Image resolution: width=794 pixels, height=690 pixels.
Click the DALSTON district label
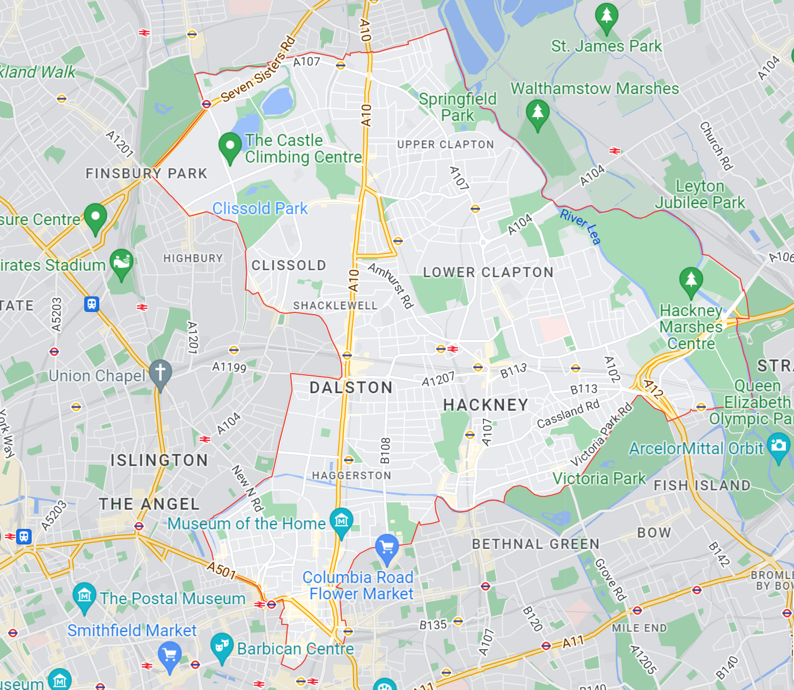click(351, 388)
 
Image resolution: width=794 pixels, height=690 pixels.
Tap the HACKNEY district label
click(486, 405)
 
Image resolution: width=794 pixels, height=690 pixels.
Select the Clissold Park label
click(260, 208)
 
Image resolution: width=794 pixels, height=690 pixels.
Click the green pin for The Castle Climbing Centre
click(230, 147)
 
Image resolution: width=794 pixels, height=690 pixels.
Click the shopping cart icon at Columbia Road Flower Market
click(387, 548)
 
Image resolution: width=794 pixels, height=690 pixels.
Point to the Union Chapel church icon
click(160, 372)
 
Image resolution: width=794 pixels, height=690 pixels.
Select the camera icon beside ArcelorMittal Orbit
click(778, 446)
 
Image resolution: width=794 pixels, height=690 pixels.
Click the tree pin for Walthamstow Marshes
click(538, 113)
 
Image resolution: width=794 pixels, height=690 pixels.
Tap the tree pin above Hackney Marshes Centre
click(691, 280)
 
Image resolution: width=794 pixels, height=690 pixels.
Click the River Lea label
click(580, 227)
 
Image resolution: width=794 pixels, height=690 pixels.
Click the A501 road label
click(222, 570)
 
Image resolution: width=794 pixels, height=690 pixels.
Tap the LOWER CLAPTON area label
click(488, 273)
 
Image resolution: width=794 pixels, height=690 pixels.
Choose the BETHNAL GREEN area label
click(535, 544)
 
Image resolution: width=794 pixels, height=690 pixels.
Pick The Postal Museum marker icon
click(84, 595)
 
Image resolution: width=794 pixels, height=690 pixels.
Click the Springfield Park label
click(458, 107)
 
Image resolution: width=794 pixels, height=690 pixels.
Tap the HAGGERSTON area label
click(351, 476)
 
